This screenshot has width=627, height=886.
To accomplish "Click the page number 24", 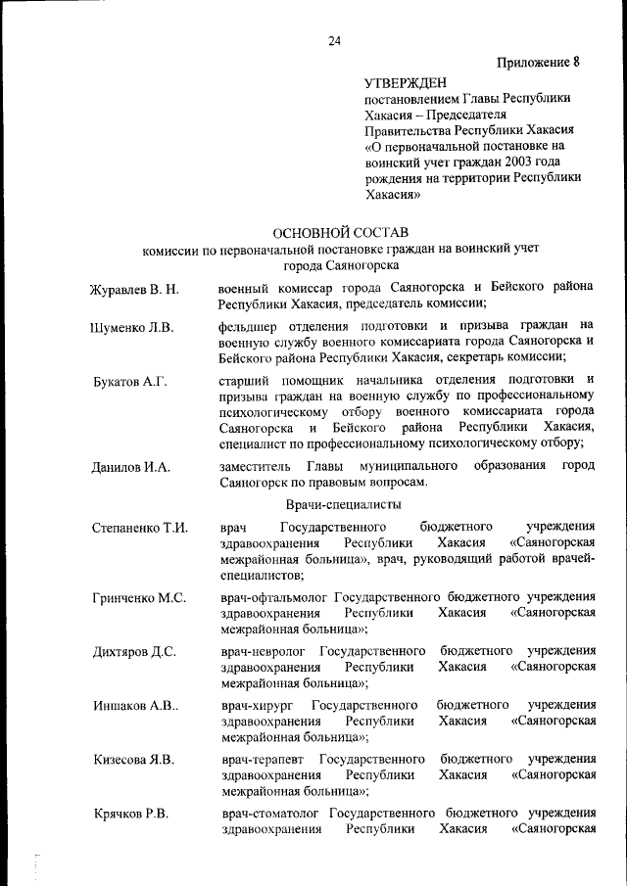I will [x=335, y=40].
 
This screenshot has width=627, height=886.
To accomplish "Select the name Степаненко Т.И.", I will [x=139, y=529].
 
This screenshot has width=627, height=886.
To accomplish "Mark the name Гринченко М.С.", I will [x=139, y=597].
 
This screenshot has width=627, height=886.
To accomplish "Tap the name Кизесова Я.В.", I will [x=133, y=760].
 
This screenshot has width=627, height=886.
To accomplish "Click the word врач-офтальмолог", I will [x=274, y=597].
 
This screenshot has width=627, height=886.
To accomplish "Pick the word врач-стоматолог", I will [x=271, y=814].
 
